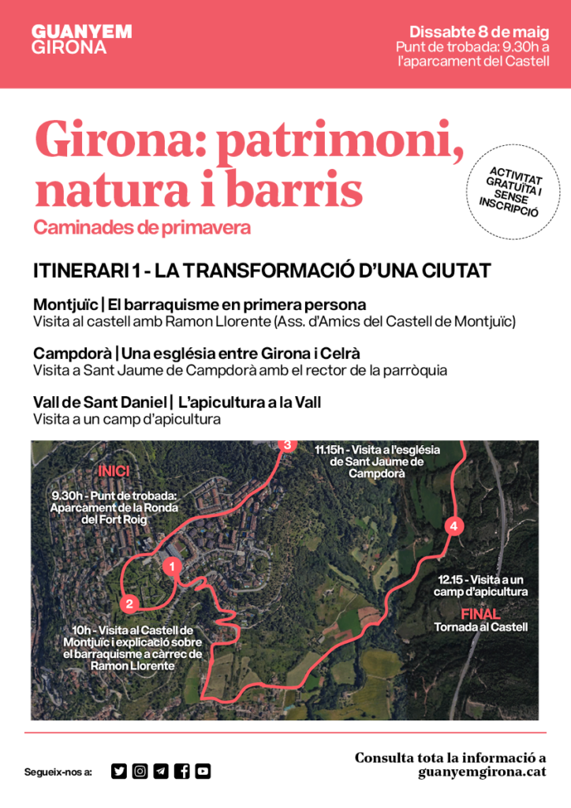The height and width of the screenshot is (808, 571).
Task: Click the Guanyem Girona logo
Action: pos(81,39)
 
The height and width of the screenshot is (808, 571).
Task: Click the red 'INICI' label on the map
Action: pos(114,472)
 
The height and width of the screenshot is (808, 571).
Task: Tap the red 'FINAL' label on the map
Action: pos(480,613)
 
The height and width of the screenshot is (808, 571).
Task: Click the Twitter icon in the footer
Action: pos(119,771)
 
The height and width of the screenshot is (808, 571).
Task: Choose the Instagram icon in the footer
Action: pos(140,771)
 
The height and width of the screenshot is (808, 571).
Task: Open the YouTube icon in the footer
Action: pos(203,771)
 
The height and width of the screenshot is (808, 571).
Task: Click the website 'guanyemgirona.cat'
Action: pos(483,772)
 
